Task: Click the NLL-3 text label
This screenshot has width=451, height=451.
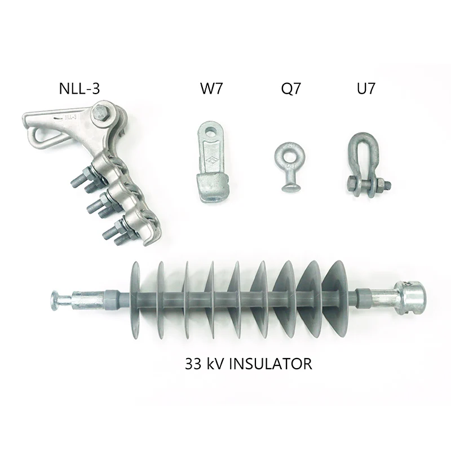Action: click(82, 88)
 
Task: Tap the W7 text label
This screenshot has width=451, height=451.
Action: click(211, 88)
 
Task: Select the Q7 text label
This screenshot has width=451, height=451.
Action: click(291, 88)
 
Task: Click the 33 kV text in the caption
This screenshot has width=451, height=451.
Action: click(203, 364)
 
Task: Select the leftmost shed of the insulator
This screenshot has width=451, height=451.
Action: click(135, 299)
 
